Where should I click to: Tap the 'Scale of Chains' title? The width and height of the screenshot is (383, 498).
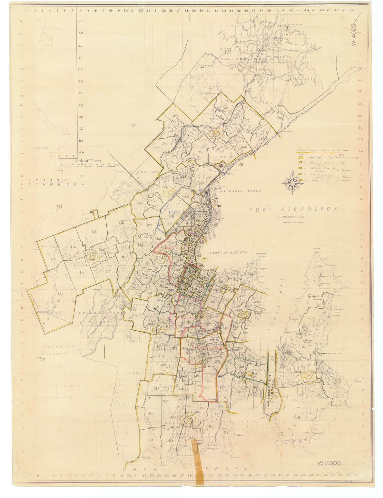(x=88, y=161)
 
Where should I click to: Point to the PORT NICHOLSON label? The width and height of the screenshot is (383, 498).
(x=293, y=209)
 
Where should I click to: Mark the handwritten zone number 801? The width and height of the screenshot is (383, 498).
(x=279, y=118)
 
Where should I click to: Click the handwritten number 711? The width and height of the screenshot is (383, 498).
(x=59, y=207)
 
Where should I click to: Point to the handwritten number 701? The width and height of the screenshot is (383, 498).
(x=41, y=359)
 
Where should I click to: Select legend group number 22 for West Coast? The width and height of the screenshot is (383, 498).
(x=301, y=157)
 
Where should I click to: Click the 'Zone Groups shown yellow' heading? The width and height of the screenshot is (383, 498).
(x=319, y=150)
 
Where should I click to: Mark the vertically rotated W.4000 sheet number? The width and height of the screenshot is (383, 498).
(x=354, y=35)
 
